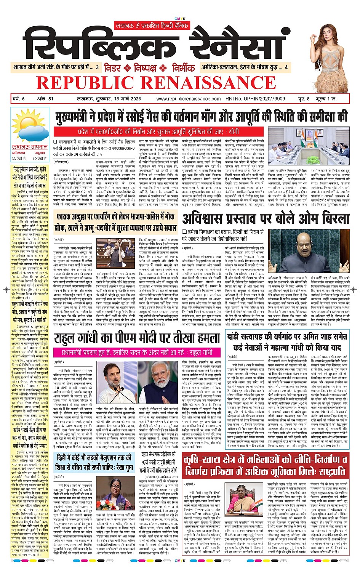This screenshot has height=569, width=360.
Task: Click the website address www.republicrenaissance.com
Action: (x=188, y=99)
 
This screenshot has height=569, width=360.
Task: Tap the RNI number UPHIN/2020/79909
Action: (x=255, y=99)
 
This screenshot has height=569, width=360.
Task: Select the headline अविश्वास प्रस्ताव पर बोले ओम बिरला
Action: (x=266, y=218)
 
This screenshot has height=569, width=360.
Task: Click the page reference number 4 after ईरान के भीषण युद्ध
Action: (x=286, y=67)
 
